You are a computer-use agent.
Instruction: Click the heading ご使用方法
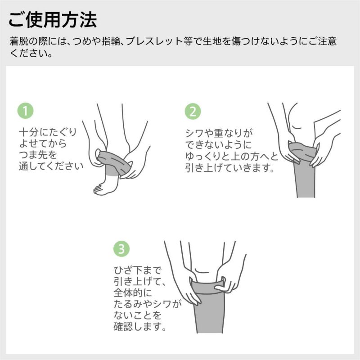[x=53, y=20]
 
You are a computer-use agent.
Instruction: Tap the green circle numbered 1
[x=26, y=111]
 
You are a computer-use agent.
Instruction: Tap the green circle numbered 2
[x=193, y=111]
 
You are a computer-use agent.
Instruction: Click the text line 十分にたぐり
[x=48, y=132]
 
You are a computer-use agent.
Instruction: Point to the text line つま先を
[x=38, y=155]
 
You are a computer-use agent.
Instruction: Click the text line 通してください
[x=51, y=166]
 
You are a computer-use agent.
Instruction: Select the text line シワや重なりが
[x=220, y=133]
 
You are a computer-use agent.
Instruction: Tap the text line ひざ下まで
[x=137, y=270]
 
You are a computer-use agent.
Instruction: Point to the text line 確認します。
[x=140, y=327]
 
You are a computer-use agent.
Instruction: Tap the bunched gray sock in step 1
[x=114, y=162]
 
